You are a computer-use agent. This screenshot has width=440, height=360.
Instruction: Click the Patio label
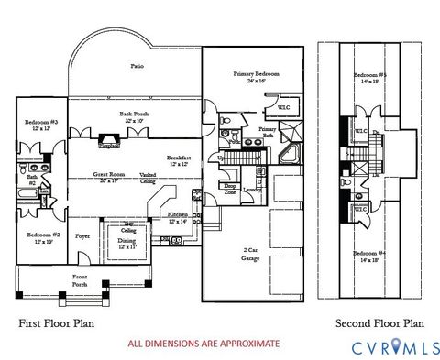(x=137, y=66)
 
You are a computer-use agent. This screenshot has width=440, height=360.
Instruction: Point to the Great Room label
(x=110, y=176)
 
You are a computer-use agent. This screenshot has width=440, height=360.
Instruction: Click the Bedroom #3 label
(x=41, y=125)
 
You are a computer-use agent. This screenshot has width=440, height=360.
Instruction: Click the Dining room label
(x=126, y=243)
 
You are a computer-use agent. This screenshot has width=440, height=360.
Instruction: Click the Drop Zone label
(x=229, y=189)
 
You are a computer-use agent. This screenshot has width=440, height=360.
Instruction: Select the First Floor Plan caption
(x=57, y=323)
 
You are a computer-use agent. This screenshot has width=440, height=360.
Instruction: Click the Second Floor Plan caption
(x=379, y=323)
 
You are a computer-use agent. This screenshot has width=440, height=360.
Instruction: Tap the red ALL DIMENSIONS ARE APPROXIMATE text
(x=203, y=344)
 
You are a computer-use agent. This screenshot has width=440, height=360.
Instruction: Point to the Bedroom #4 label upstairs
(x=371, y=256)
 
